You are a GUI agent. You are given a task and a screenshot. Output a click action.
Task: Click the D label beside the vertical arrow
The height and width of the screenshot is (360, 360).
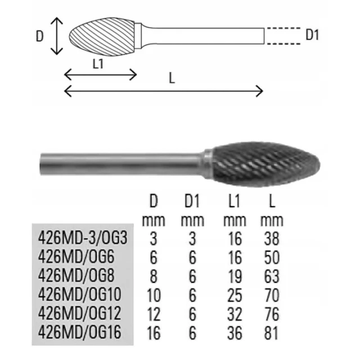40,36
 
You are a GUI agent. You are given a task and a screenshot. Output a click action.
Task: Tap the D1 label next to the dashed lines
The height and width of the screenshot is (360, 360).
312,35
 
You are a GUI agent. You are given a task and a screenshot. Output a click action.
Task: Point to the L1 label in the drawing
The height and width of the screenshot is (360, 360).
98,64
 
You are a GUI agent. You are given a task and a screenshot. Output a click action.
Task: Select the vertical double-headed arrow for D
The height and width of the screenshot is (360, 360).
57,36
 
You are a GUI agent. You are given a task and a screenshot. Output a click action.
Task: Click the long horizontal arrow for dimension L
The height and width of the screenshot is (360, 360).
164,91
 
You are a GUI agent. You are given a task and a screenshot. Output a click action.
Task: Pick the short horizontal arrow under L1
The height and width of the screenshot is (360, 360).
101,74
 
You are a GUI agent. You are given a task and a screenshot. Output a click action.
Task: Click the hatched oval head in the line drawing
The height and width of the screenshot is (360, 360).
102,37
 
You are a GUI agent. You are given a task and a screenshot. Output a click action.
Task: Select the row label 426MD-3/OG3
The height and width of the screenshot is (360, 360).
83,238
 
